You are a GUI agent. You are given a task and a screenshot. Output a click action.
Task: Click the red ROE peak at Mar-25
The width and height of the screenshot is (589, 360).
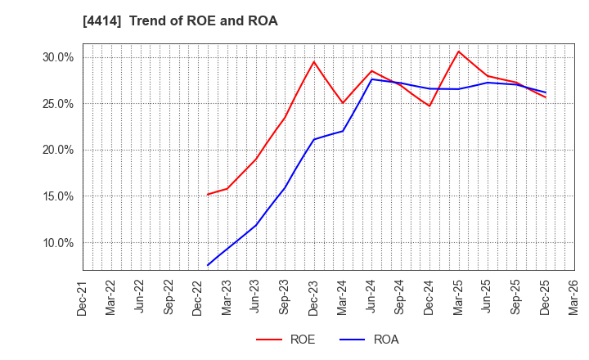(x=458, y=52)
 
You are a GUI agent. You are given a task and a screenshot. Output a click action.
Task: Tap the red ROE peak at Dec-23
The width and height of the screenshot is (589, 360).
(x=314, y=61)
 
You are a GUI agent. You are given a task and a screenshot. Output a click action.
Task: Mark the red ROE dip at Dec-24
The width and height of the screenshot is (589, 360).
(x=429, y=106)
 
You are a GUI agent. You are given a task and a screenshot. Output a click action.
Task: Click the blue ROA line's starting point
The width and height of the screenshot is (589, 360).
(x=208, y=265)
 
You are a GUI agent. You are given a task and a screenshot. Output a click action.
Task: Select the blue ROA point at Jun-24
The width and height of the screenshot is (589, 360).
(x=371, y=79)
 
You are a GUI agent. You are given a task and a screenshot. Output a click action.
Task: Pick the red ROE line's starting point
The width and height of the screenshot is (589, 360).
(x=208, y=194)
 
